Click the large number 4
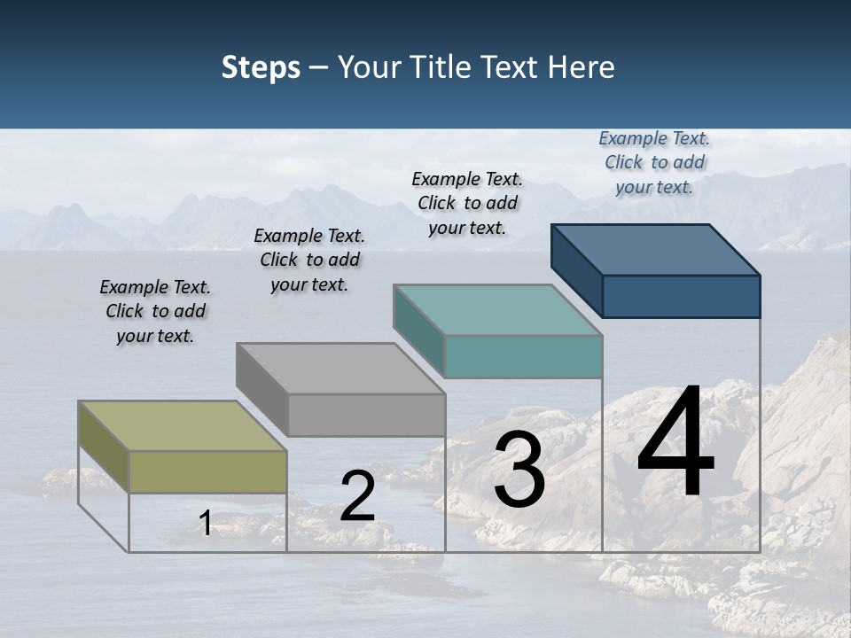click(675, 442)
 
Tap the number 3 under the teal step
click(519, 471)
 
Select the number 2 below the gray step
click(357, 497)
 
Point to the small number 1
click(206, 524)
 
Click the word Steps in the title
click(261, 67)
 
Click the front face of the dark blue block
click(681, 296)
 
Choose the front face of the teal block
click(523, 357)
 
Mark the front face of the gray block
click(366, 415)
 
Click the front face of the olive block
click(207, 471)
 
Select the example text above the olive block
click(155, 311)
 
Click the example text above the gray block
click(309, 260)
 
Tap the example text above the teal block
click(467, 203)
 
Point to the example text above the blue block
click(654, 162)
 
